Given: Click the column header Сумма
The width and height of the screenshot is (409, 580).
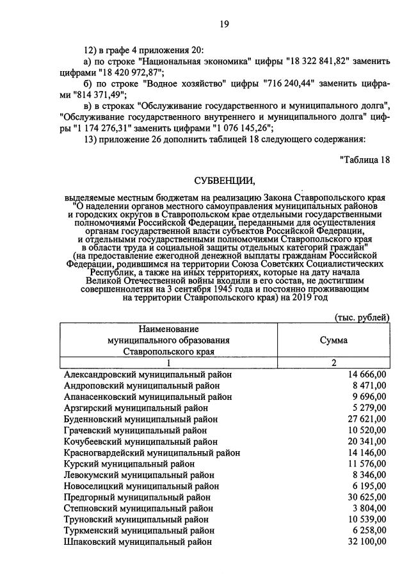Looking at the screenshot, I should point(333,340).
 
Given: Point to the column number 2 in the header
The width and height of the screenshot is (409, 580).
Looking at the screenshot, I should point(333,363).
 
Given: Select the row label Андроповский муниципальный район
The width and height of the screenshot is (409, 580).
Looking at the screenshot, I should point(141,386).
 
